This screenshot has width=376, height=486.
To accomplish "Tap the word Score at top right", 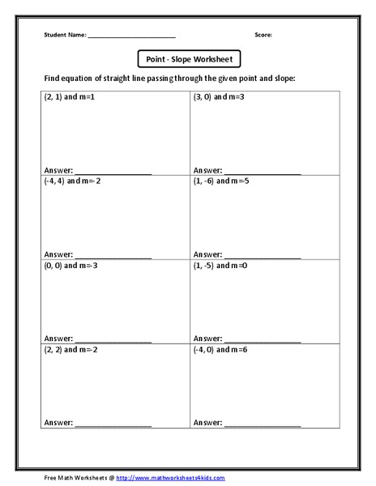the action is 263,36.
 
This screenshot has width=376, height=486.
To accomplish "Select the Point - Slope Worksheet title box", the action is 188,59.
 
